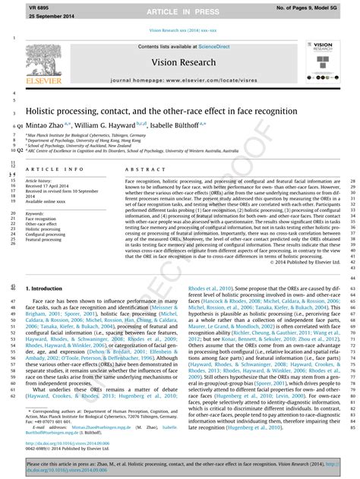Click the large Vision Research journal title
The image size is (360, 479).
(179, 61)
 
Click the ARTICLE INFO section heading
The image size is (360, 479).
(55, 169)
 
